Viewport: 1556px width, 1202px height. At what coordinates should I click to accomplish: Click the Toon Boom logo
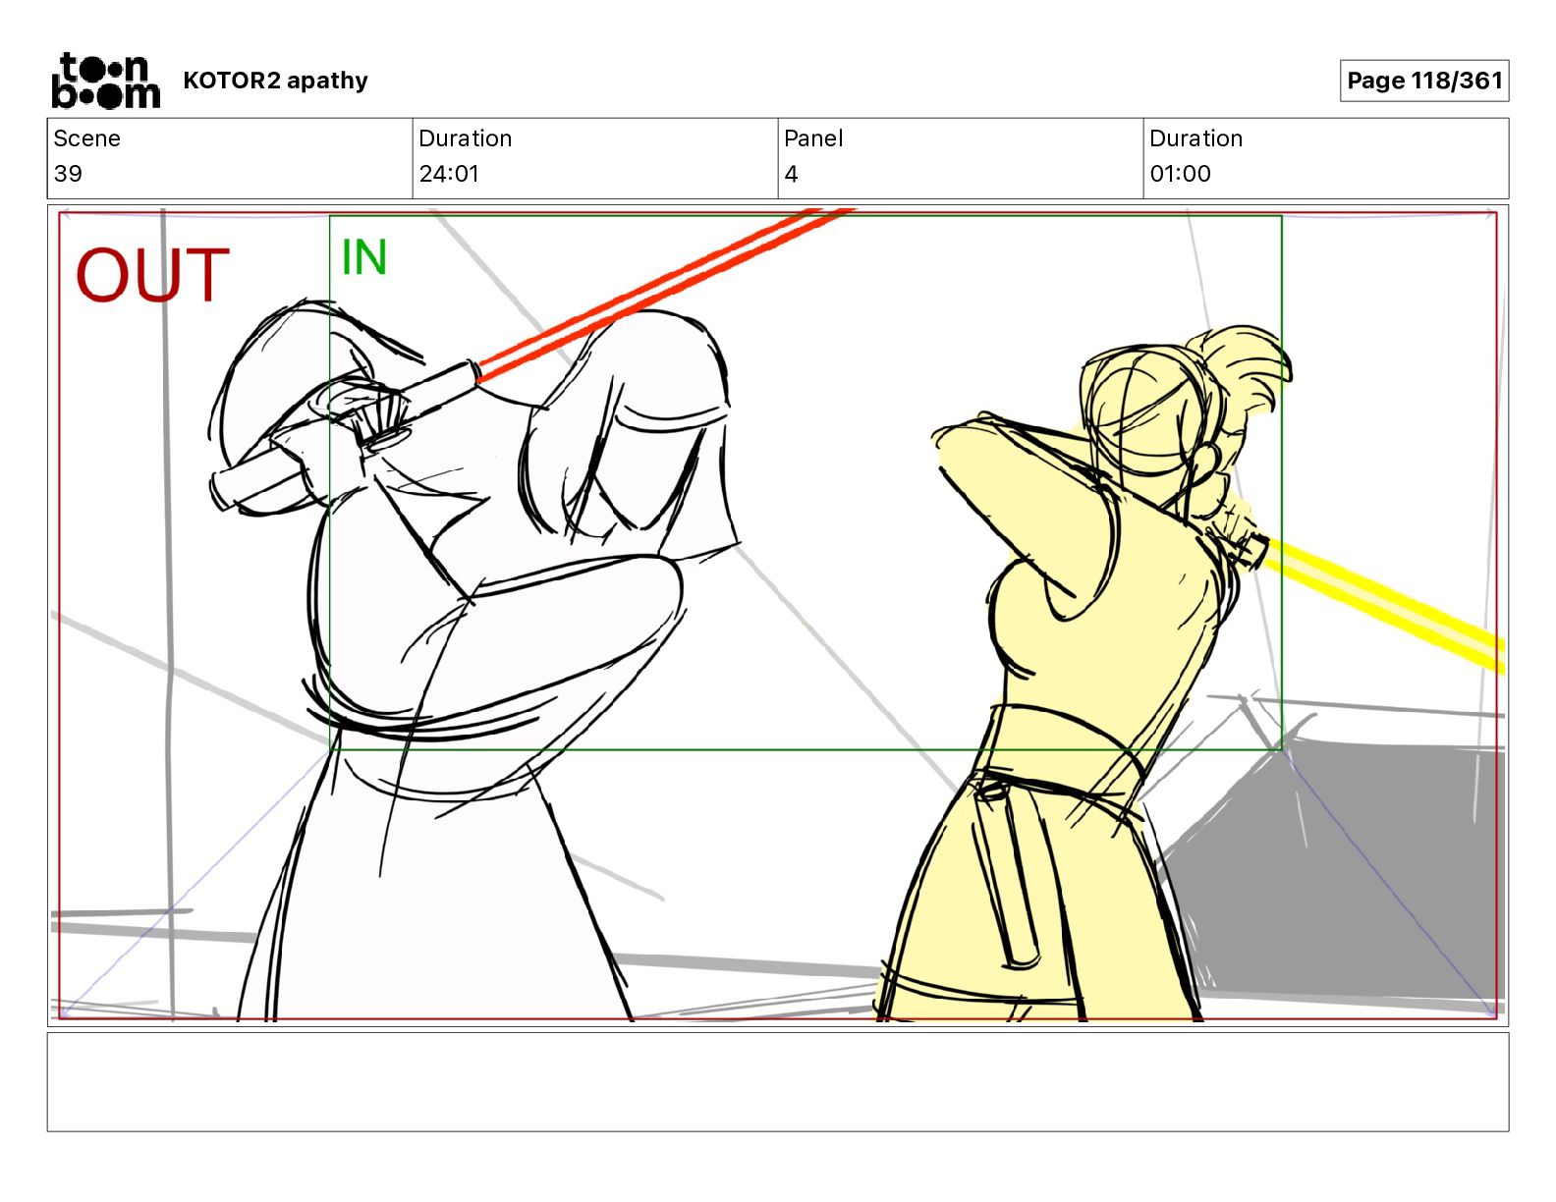pos(106,81)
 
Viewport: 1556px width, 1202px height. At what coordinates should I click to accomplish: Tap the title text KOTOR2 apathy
pos(276,81)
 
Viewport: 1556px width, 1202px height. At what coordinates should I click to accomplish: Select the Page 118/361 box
pos(1424,81)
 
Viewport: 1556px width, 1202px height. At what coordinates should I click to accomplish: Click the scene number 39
pos(68,173)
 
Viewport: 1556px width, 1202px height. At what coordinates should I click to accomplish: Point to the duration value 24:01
pos(449,173)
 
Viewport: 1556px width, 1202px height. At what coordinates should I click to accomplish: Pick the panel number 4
pos(791,173)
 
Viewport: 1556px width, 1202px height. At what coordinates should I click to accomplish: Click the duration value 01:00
pos(1180,173)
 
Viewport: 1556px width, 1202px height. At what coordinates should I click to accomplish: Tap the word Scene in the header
pos(86,138)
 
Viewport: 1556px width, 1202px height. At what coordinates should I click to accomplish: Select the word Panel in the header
pos(813,138)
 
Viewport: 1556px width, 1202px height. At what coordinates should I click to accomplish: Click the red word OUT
pos(152,275)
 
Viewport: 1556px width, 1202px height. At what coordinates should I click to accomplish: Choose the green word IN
pos(364,257)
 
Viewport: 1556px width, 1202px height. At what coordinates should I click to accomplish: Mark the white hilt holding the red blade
pos(344,438)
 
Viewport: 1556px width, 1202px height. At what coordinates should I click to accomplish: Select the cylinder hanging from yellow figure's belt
pos(1010,873)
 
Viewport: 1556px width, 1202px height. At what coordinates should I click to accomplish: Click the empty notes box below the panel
pos(778,1082)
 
